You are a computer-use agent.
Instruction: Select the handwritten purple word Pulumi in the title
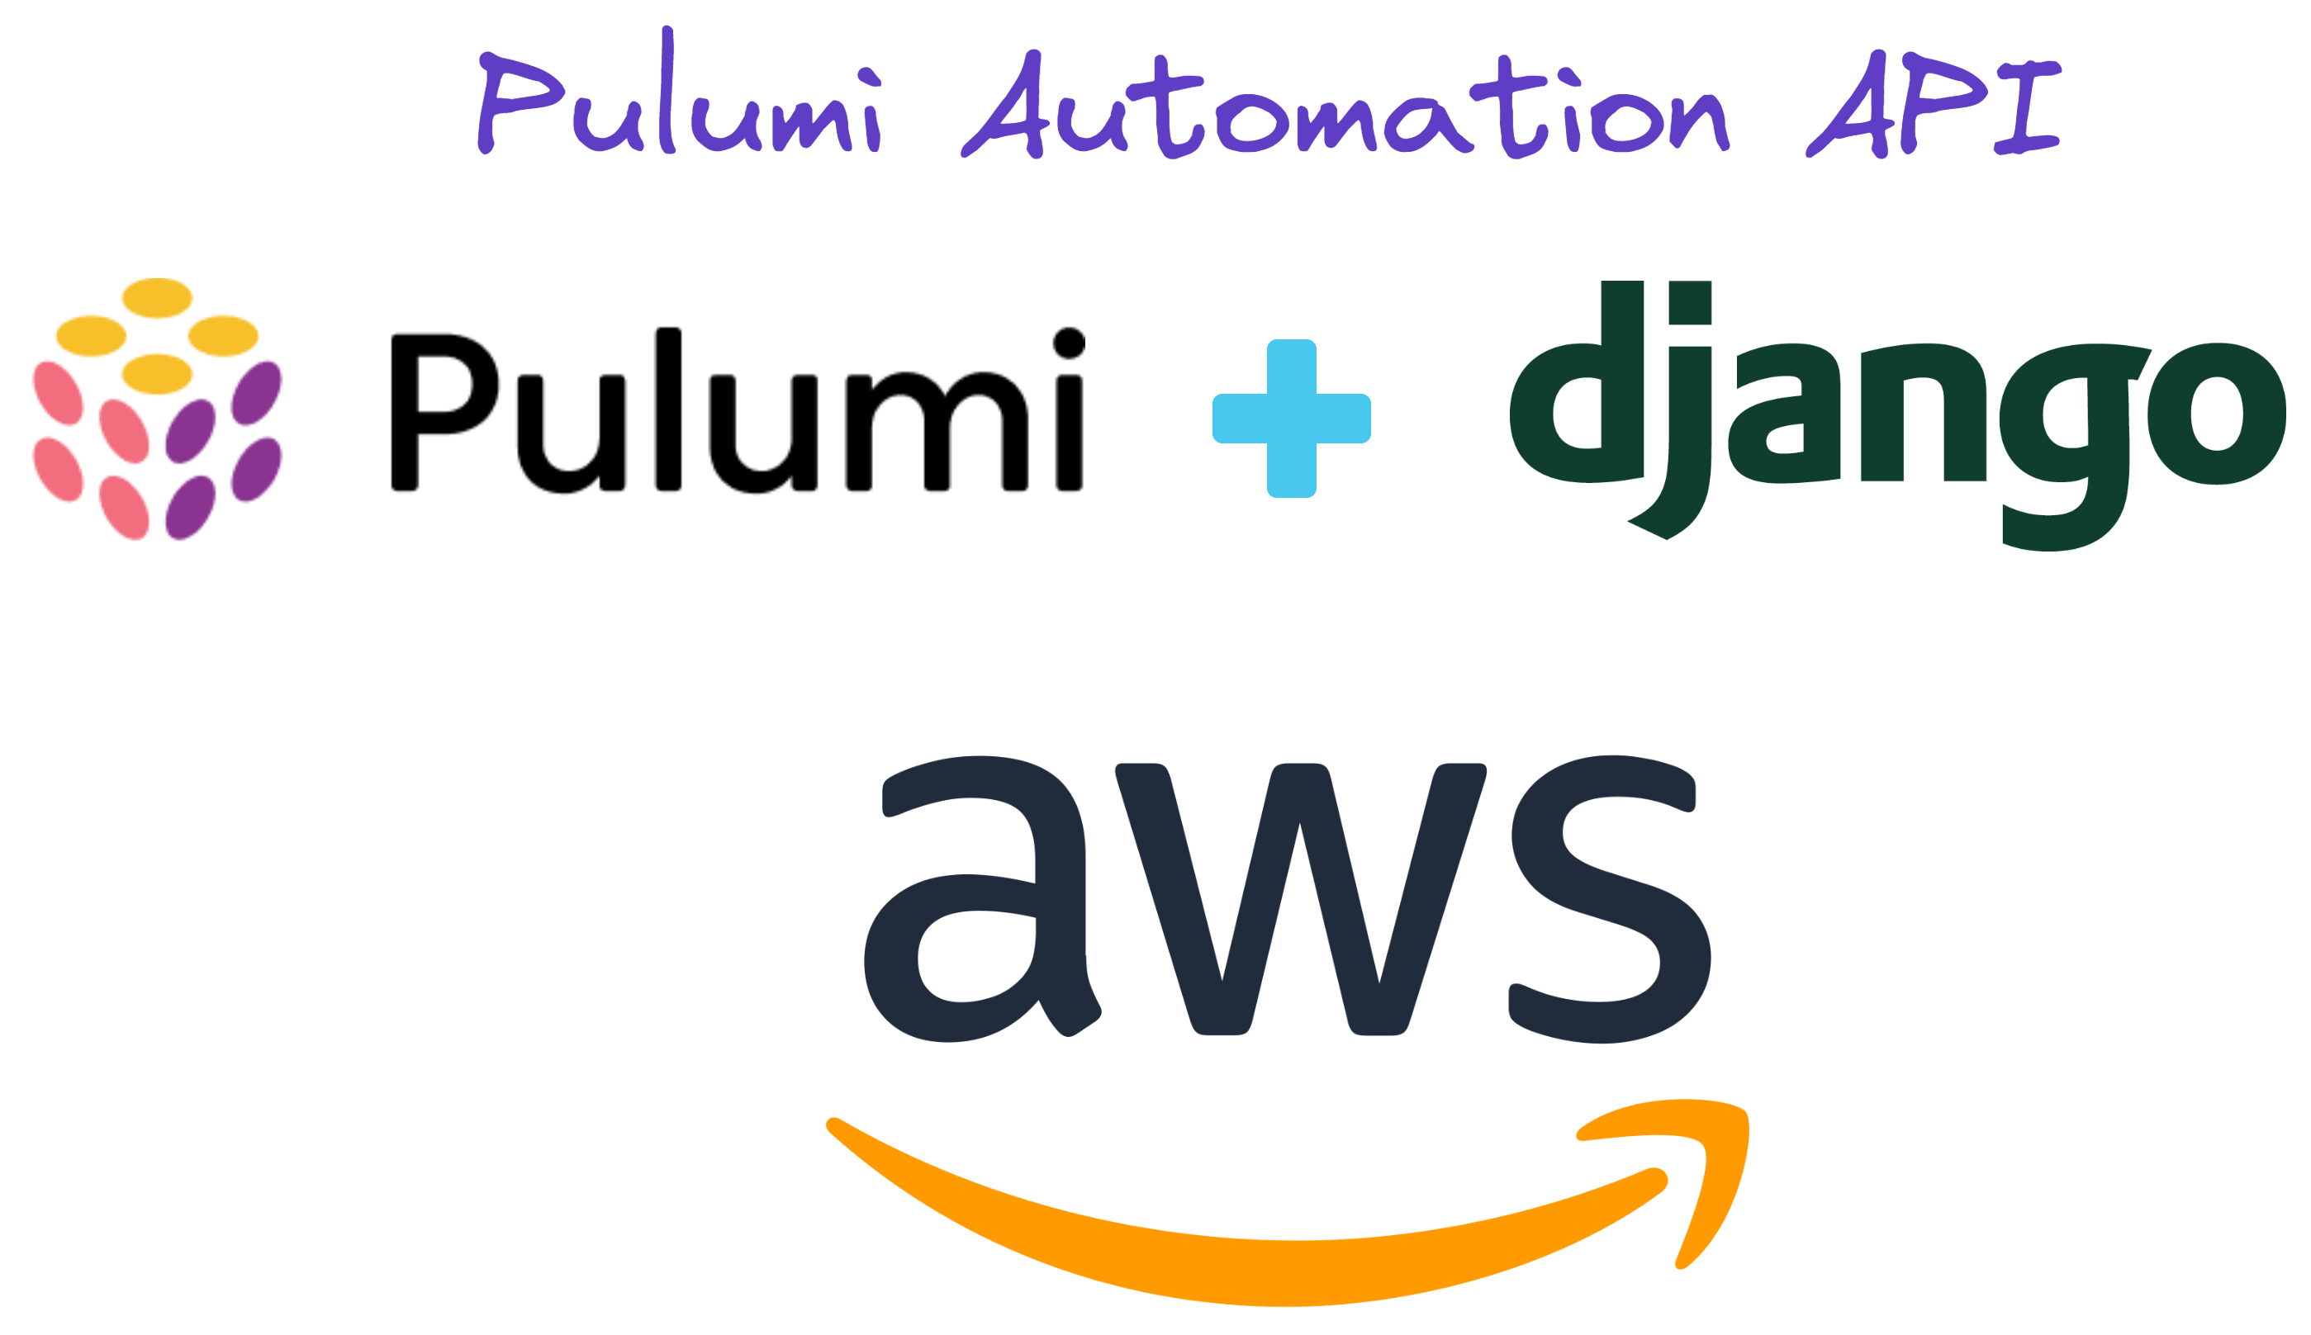pos(679,102)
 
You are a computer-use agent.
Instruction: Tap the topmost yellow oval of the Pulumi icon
pos(157,298)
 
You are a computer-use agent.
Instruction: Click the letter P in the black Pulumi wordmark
pos(441,413)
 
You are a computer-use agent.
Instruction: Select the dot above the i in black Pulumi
pos(1069,343)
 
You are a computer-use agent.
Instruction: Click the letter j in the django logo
pos(1682,413)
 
